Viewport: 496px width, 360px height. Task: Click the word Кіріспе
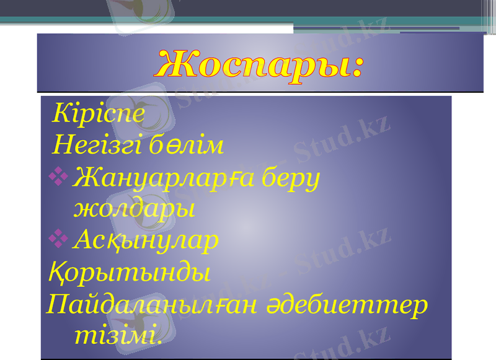(99, 113)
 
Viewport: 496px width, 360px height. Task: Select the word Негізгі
(99, 147)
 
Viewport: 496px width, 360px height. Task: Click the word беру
(291, 179)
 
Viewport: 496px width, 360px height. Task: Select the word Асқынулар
(145, 240)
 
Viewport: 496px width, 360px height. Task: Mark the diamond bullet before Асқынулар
(60, 237)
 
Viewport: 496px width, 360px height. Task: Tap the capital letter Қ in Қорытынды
(55, 272)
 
